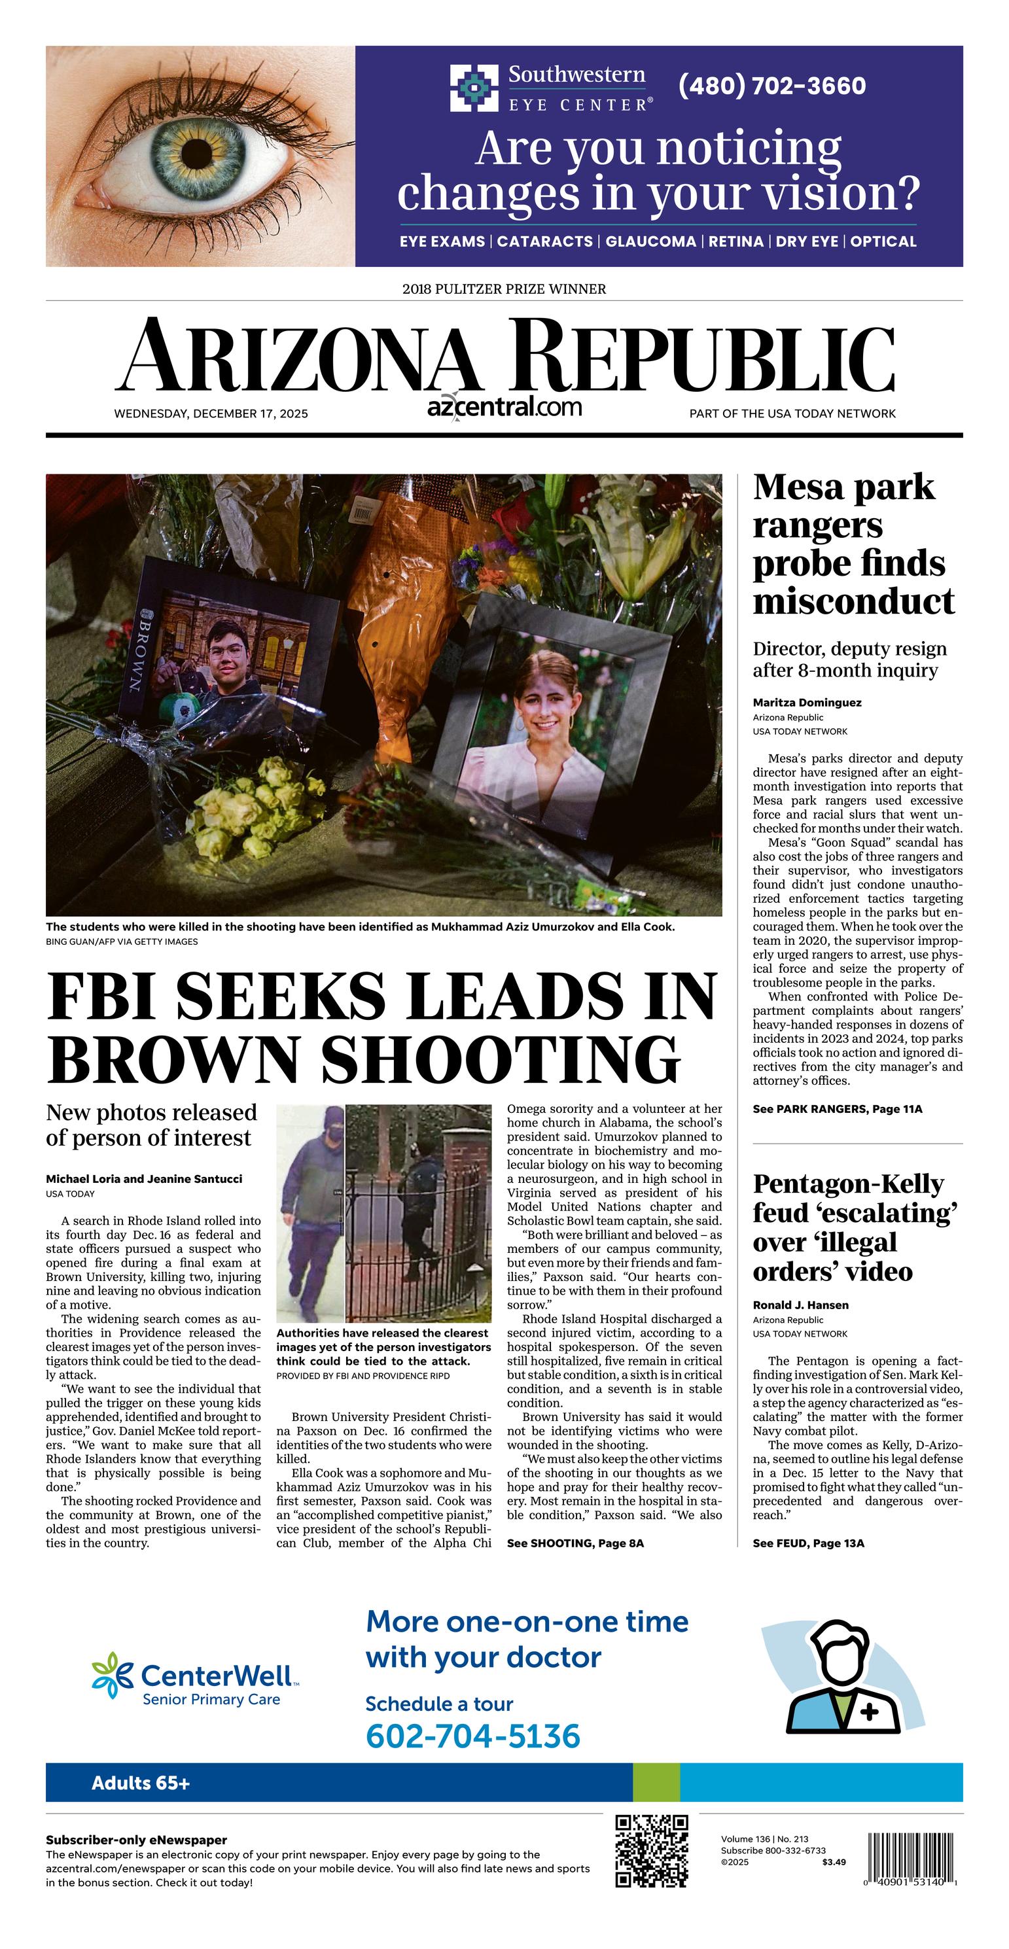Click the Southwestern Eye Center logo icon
click(474, 88)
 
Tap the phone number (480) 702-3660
click(771, 86)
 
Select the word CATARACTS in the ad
click(544, 241)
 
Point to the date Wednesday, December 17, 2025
click(211, 414)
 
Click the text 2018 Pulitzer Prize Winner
click(504, 289)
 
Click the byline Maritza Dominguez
click(807, 702)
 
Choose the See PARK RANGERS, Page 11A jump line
click(837, 1109)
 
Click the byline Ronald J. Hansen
click(800, 1305)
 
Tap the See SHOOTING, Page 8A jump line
click(575, 1543)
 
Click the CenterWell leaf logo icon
click(111, 1675)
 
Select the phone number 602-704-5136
click(472, 1736)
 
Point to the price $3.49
click(834, 1862)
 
